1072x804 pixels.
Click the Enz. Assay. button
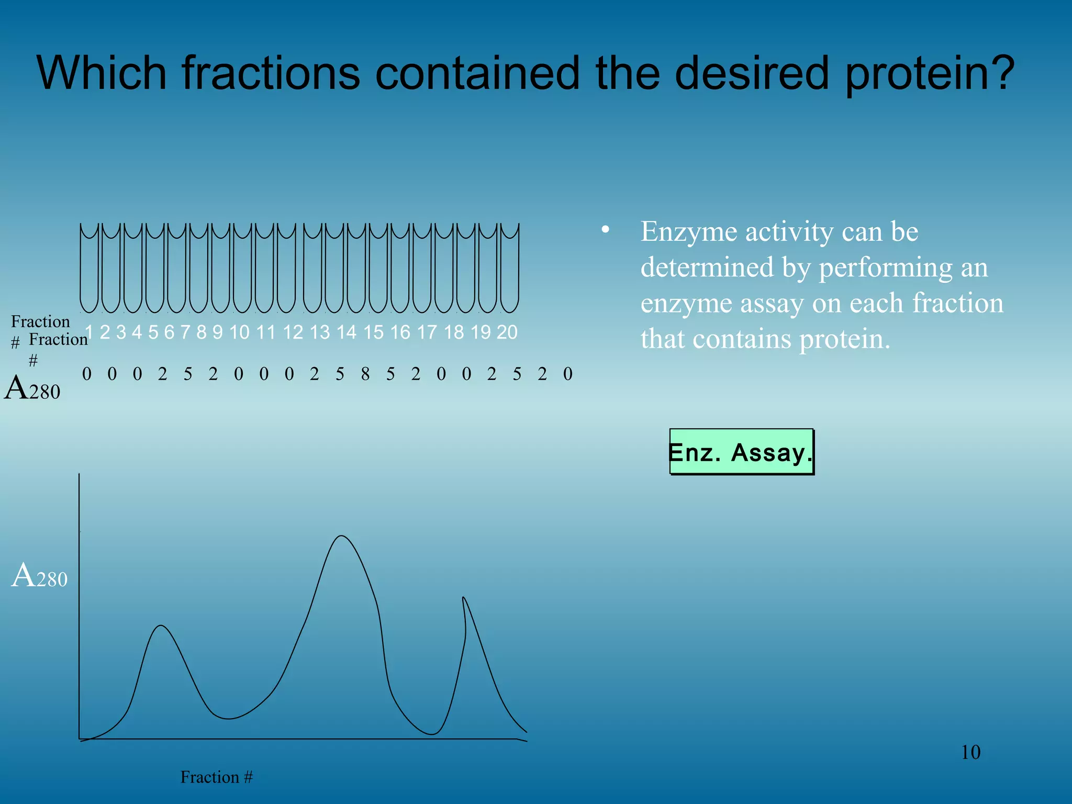click(x=741, y=452)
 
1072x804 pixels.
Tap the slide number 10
click(x=970, y=752)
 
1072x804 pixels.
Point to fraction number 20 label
click(x=507, y=332)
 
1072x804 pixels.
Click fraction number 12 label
click(x=293, y=332)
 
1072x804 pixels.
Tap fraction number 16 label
click(x=400, y=332)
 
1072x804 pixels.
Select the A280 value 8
click(x=365, y=374)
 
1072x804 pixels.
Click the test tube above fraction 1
click(x=89, y=268)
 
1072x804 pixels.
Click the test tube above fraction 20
click(x=509, y=268)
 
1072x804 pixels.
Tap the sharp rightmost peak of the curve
click(x=463, y=598)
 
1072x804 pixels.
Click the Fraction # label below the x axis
click(x=216, y=777)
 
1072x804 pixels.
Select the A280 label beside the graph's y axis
click(x=39, y=576)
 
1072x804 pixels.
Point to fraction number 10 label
click(x=239, y=332)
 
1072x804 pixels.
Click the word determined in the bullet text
click(x=707, y=267)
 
